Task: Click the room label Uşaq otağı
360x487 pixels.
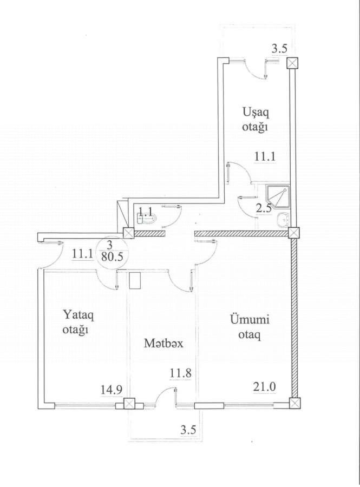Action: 256,120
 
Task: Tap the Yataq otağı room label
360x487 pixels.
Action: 76,321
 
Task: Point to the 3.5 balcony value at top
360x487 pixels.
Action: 279,49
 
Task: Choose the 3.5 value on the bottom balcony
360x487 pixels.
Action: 188,431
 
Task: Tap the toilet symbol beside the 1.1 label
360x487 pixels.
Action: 147,219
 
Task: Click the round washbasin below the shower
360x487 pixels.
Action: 282,220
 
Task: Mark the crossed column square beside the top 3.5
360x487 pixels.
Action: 292,63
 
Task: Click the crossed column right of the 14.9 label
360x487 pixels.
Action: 129,404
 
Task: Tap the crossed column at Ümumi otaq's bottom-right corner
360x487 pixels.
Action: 294,404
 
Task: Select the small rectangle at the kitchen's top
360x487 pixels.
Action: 135,280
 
